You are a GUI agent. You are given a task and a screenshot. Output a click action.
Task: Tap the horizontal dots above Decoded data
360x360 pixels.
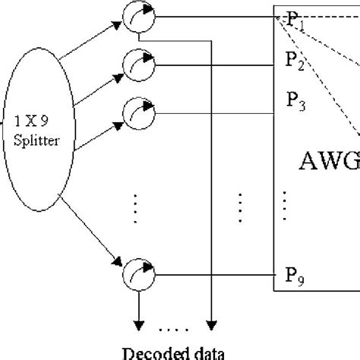coord(173,329)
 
